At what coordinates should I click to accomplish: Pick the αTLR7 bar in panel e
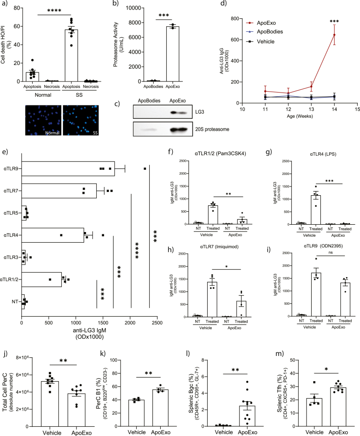[59, 191]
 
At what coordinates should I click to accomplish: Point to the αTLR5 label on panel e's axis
[12, 213]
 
